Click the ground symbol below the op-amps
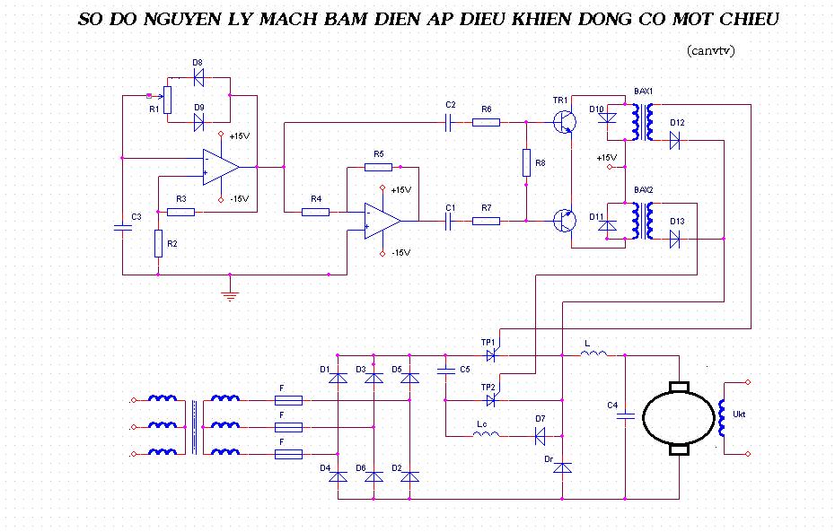(231, 293)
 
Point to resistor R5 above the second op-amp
(379, 166)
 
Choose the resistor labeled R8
(526, 163)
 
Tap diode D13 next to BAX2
(674, 240)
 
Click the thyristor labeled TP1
(491, 355)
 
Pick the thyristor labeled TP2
(491, 400)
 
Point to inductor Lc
(486, 435)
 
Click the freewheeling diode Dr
(563, 467)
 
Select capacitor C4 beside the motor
(626, 415)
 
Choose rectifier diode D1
(338, 378)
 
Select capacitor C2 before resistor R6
(450, 122)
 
